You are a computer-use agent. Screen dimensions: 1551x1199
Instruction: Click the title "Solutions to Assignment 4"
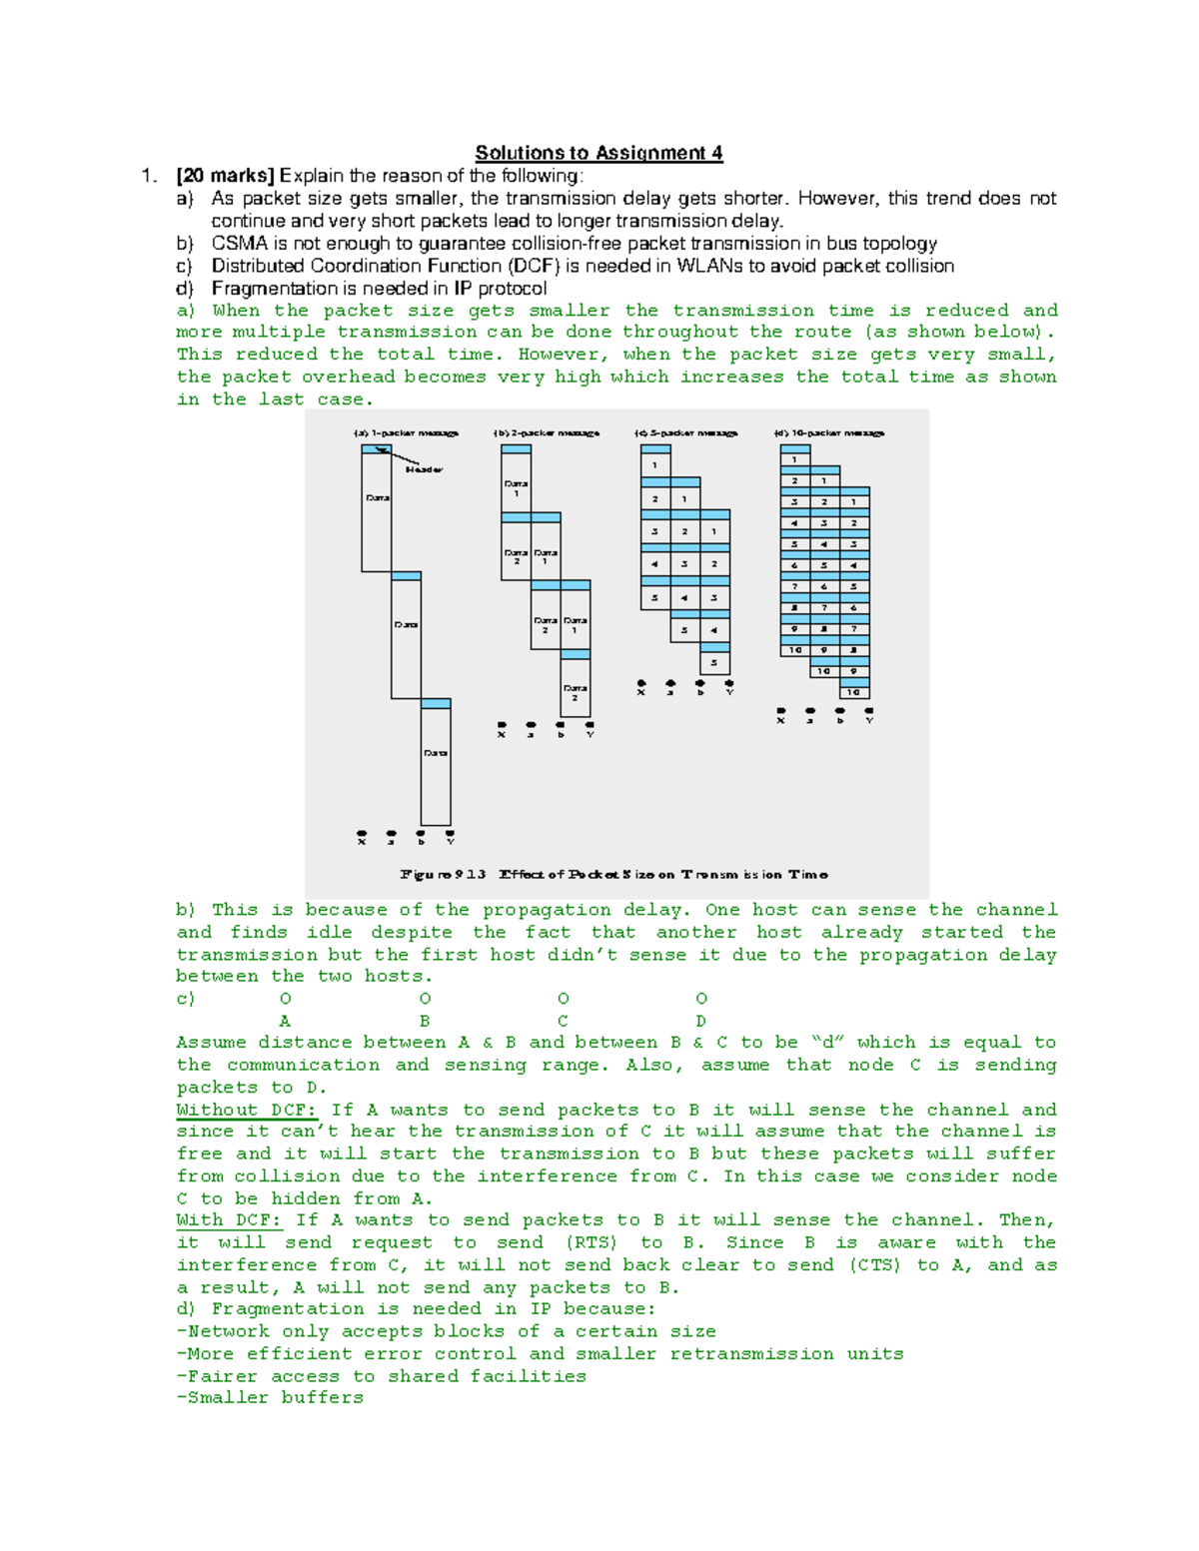click(599, 153)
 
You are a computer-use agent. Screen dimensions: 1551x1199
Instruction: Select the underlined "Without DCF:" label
click(246, 1110)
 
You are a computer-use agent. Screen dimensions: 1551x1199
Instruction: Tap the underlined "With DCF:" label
click(229, 1219)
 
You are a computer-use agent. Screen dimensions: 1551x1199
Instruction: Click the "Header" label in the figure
click(424, 469)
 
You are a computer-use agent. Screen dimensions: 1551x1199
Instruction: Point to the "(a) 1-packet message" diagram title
click(406, 433)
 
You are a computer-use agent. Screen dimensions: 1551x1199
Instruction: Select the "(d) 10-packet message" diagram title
click(828, 433)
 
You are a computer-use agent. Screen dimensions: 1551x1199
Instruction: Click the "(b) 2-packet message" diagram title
click(546, 433)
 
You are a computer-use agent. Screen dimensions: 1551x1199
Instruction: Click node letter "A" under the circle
click(285, 1021)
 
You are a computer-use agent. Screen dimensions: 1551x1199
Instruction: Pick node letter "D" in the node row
click(700, 1021)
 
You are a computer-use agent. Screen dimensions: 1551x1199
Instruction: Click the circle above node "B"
click(425, 999)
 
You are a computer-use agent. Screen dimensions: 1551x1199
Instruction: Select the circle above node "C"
click(563, 999)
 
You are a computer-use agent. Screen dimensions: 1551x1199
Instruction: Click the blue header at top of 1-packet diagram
click(376, 449)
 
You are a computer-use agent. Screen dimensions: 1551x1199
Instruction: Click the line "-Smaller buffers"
click(270, 1398)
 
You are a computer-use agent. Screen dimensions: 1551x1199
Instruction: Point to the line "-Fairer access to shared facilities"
click(381, 1376)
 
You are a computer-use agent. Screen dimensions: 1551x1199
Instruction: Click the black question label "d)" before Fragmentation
click(185, 289)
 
